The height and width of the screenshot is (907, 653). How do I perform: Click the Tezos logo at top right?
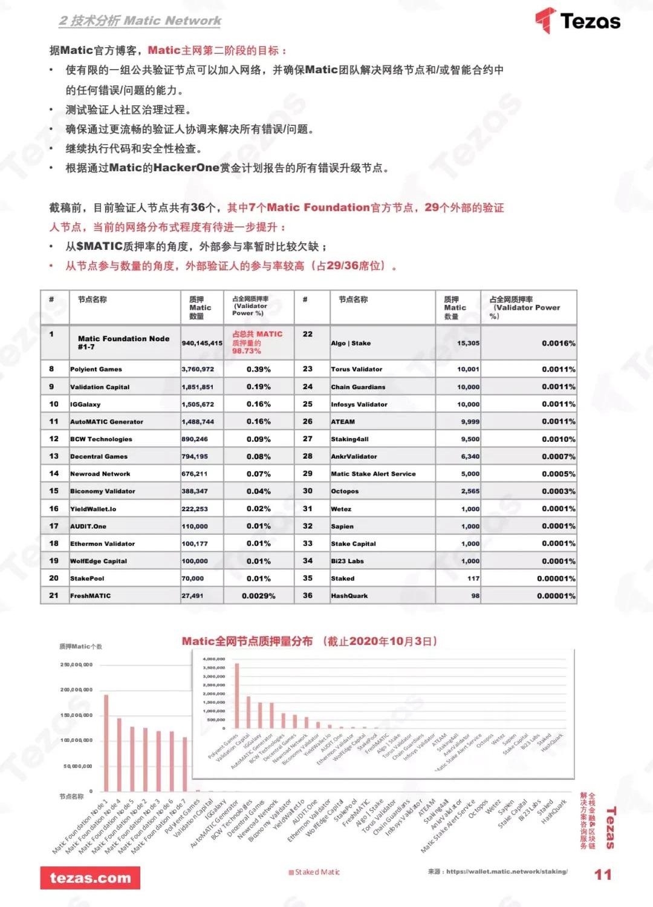click(577, 21)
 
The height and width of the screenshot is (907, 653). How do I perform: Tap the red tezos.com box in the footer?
click(90, 878)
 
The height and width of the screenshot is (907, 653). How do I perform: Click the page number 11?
click(603, 874)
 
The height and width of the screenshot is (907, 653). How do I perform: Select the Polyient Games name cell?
click(96, 369)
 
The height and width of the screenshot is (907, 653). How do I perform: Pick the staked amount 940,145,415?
click(202, 343)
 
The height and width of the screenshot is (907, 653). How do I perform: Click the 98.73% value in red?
click(247, 351)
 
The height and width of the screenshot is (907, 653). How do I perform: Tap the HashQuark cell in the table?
click(349, 596)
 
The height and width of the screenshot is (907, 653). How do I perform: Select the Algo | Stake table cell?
click(351, 343)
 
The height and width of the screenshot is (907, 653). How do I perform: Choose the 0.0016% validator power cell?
click(558, 343)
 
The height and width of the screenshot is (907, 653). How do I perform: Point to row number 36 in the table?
click(308, 595)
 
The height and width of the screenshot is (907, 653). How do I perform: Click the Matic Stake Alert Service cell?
click(373, 474)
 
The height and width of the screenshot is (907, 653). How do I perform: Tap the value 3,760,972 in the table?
click(198, 369)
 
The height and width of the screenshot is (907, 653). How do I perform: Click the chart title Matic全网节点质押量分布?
click(247, 641)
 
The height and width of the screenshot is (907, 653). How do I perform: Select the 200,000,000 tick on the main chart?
click(76, 690)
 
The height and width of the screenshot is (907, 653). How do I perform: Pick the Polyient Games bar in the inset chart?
click(236, 696)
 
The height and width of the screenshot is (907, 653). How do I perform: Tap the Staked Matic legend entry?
click(314, 872)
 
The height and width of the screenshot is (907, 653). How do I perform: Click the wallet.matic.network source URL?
click(507, 872)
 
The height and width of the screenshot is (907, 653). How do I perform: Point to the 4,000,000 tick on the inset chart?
click(214, 659)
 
